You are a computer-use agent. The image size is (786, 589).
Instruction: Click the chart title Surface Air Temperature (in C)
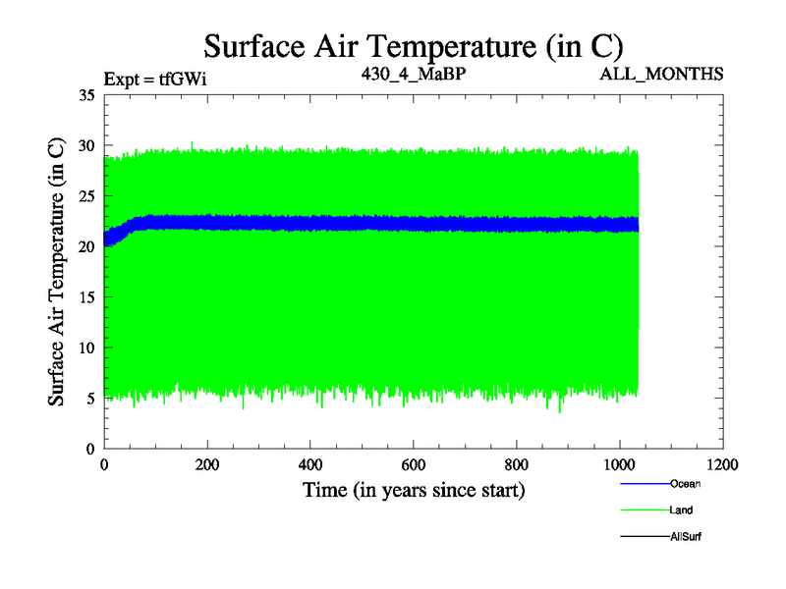pyautogui.click(x=413, y=46)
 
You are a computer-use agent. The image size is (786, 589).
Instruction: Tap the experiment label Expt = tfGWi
pyautogui.click(x=155, y=76)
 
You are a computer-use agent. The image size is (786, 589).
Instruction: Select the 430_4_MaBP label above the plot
pyautogui.click(x=413, y=73)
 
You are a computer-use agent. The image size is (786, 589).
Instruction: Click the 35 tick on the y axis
pyautogui.click(x=86, y=95)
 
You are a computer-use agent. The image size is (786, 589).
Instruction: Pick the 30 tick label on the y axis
pyautogui.click(x=86, y=145)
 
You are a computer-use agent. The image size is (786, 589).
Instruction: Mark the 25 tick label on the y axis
pyautogui.click(x=86, y=196)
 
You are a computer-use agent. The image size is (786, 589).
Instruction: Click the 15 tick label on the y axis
pyautogui.click(x=86, y=297)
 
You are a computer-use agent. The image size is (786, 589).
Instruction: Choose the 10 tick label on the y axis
pyautogui.click(x=86, y=348)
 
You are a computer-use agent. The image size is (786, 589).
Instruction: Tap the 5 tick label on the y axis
pyautogui.click(x=90, y=399)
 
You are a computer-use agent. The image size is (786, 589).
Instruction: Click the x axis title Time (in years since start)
pyautogui.click(x=413, y=490)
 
